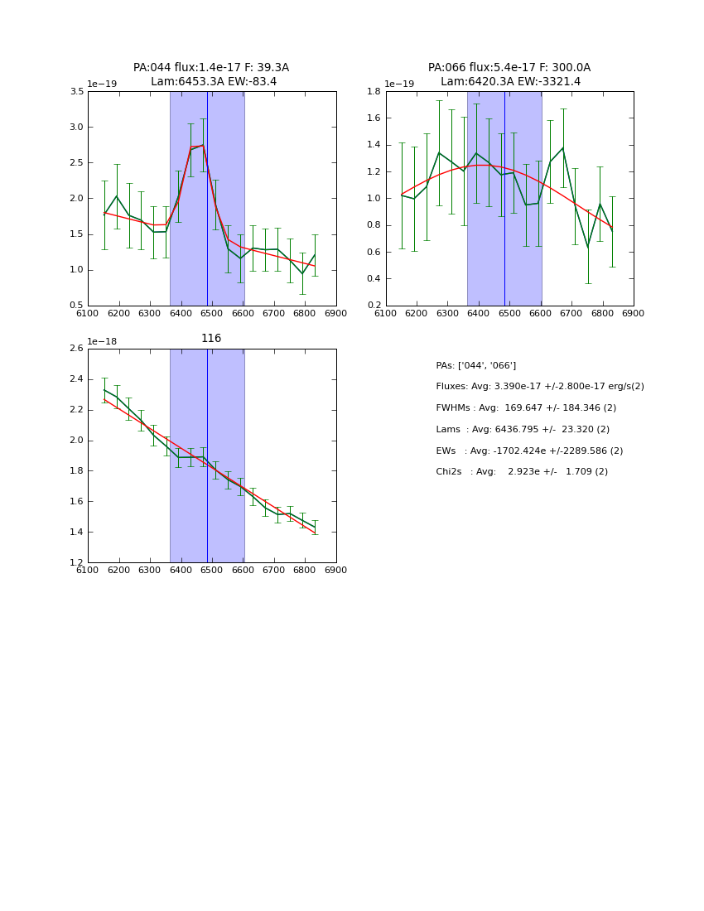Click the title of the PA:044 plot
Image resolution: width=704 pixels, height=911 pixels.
coord(211,75)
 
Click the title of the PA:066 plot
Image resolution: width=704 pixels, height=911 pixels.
coord(509,75)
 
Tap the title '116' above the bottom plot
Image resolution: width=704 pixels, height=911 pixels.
coord(211,339)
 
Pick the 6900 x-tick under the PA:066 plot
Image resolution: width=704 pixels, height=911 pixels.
coord(634,313)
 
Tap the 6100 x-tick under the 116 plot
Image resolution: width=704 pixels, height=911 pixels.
coord(88,570)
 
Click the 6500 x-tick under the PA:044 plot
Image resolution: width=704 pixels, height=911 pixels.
coord(211,313)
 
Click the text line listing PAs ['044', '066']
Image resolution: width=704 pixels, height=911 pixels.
coord(476,366)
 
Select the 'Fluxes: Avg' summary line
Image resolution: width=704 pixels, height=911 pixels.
coord(540,387)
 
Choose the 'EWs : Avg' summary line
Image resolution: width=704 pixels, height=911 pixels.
coord(529,451)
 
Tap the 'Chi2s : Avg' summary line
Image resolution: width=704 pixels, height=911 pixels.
coord(522,472)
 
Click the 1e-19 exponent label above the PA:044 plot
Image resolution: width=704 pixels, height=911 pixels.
coord(102,84)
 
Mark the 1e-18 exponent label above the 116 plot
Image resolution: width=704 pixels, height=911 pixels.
coord(102,341)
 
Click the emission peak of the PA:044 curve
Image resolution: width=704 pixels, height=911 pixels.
coord(203,146)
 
